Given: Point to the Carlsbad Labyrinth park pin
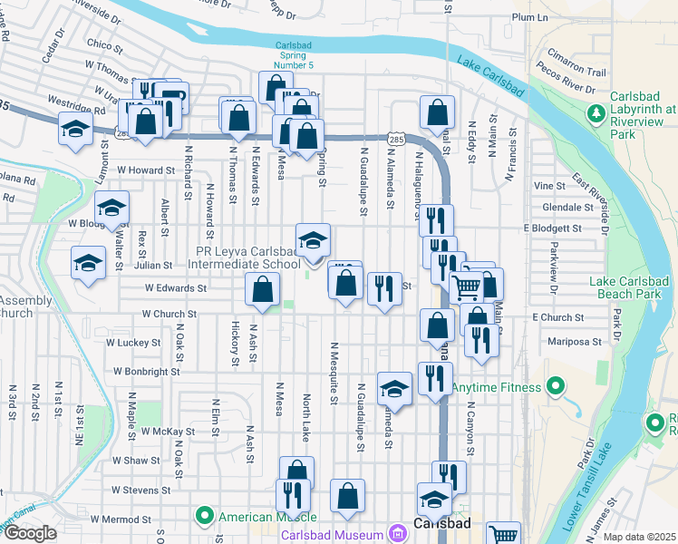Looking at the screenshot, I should click(596, 113).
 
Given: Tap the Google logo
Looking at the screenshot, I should click(30, 533).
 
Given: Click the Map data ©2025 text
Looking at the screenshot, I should click(639, 537).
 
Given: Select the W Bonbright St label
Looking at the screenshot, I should click(149, 371).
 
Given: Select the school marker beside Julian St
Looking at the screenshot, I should click(88, 265).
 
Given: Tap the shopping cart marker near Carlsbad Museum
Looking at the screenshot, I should click(502, 535).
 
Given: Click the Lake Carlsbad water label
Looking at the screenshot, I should click(490, 76).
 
